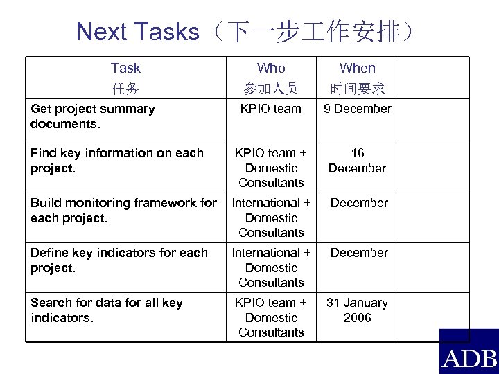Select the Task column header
(125, 68)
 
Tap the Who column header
(271, 68)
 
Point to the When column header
(358, 68)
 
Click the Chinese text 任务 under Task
(125, 89)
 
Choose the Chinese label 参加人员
(271, 89)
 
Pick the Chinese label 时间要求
(358, 89)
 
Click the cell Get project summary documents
(93, 116)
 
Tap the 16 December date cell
(358, 161)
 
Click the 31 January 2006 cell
(358, 310)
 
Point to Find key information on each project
(117, 161)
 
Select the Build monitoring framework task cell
(123, 211)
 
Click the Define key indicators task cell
(119, 260)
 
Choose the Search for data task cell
(107, 310)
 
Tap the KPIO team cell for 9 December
(271, 109)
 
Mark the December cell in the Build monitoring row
(359, 203)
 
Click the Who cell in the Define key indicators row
(271, 267)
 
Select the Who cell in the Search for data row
(271, 317)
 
